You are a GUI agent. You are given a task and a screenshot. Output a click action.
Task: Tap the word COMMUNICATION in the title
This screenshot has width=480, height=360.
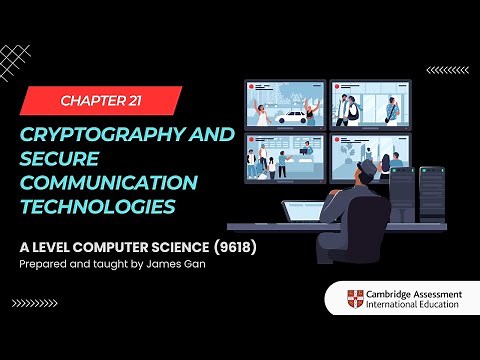[96, 183]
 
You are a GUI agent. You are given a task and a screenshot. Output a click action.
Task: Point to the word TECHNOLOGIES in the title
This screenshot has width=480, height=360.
[90, 207]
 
